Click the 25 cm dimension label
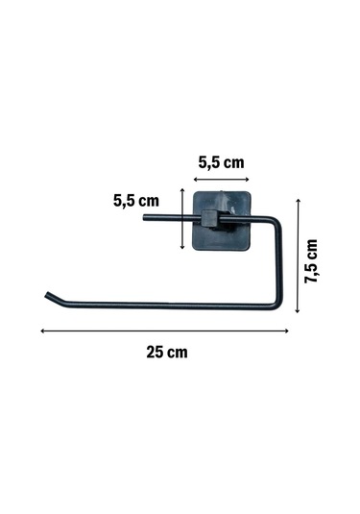point(167,353)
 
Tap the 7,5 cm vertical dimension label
point(311,261)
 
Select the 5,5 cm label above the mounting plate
point(221,162)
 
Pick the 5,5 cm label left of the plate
point(136,201)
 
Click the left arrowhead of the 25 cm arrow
point(42,331)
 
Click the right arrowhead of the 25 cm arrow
point(287,331)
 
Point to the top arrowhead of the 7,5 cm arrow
point(298,200)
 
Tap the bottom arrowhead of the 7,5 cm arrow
point(298,310)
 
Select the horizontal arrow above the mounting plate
point(221,180)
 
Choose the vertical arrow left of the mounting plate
point(182,219)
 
